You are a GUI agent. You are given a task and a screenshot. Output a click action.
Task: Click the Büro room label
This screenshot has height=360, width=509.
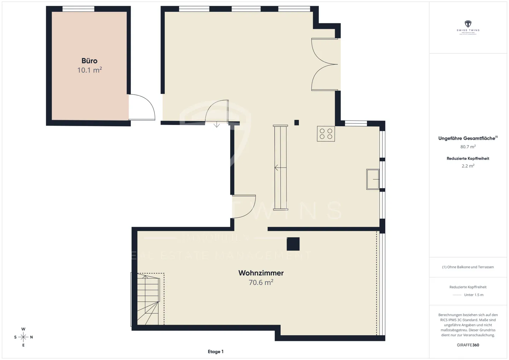[x=89, y=61]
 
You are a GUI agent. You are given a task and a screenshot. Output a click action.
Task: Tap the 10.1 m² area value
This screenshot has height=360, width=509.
[x=89, y=70]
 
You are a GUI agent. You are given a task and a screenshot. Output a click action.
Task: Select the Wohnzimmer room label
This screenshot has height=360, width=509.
[x=261, y=273]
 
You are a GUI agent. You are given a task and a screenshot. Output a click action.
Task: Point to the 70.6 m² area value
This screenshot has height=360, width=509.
[x=261, y=282]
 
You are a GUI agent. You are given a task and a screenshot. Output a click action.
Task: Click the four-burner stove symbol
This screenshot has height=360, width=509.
[x=326, y=134]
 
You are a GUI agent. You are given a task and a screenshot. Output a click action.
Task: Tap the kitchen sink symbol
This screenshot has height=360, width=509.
[x=373, y=179]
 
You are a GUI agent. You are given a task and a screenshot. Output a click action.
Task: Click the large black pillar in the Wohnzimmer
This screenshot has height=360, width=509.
[x=293, y=244]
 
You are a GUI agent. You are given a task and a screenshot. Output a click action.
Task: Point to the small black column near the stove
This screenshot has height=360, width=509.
[x=297, y=123]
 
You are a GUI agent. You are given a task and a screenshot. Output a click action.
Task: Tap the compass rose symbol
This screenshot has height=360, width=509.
[x=23, y=337]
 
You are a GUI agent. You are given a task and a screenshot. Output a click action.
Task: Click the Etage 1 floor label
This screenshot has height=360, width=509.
[x=216, y=352]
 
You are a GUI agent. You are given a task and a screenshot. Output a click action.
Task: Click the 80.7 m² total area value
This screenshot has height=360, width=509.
[x=468, y=147]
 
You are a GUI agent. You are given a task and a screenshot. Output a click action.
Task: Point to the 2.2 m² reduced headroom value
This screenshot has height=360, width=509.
[x=468, y=166]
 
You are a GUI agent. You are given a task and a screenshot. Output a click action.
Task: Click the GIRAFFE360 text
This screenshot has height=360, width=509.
[x=468, y=345]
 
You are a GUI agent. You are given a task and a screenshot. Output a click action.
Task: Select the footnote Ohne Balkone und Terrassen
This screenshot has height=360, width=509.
[x=468, y=267]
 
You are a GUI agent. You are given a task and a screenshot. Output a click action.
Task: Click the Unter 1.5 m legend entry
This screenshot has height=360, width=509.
[x=473, y=295]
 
